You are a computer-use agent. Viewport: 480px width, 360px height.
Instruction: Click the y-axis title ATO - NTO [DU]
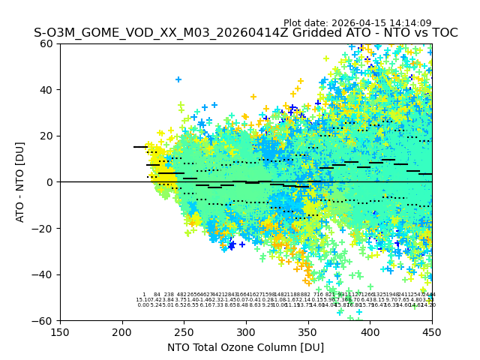click(21, 181)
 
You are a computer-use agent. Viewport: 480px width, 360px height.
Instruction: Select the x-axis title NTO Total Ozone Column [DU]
click(246, 347)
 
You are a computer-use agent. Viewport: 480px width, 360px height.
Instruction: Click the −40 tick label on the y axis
click(43, 274)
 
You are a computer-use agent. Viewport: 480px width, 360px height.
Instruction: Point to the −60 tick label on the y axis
click(43, 320)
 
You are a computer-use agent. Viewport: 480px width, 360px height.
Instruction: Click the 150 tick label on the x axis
click(60, 331)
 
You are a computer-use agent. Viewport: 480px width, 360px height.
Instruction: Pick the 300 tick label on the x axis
click(246, 331)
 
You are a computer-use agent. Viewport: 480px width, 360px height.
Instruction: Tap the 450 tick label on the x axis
click(431, 331)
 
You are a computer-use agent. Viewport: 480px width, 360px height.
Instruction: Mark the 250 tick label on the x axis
click(184, 331)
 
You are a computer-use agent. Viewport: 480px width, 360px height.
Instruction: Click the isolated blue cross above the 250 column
click(178, 79)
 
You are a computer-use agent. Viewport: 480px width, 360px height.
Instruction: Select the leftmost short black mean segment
click(140, 147)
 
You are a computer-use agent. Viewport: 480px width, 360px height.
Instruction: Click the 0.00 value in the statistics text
click(143, 305)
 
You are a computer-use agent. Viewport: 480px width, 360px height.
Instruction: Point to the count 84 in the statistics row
click(157, 295)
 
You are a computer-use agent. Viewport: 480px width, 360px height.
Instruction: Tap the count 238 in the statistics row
click(169, 295)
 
